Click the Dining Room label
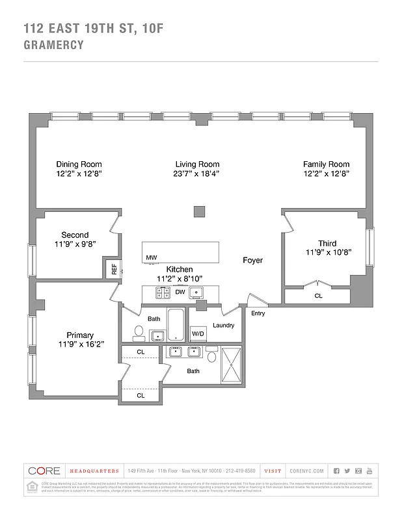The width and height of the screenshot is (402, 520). pos(79,164)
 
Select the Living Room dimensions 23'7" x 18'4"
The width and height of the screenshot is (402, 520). pos(197,174)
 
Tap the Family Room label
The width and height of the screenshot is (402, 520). pos(326,164)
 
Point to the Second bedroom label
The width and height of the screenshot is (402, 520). pos(75,235)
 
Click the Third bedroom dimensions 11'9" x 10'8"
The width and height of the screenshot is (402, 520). pos(328,253)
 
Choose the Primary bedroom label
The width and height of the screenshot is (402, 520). pos(80,335)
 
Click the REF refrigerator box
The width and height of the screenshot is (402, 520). pos(114,268)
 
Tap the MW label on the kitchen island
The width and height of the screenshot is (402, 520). pos(151,258)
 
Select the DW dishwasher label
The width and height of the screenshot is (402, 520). pos(180,292)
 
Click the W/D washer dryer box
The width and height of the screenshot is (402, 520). pos(198,334)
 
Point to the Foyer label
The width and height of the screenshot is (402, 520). pos(252,261)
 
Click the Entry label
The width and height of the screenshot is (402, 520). pos(258,313)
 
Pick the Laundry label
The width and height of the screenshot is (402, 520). pos(223,325)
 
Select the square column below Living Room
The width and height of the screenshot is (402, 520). pos(200,212)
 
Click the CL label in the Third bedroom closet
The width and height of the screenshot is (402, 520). pos(318,296)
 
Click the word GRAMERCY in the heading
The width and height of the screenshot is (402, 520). pos(53,45)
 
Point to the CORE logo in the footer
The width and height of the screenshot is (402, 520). pos(44,471)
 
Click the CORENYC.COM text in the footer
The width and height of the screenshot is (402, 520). pos(306,471)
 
